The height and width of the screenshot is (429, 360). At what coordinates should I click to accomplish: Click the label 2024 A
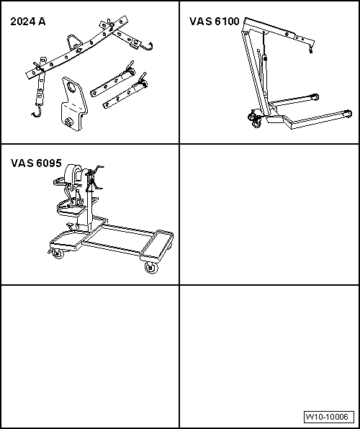[x=28, y=22]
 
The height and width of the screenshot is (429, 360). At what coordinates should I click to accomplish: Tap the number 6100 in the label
[x=227, y=22]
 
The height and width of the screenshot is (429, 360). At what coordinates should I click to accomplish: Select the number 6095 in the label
[x=49, y=163]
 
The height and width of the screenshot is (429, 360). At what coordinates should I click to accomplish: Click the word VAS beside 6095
[x=22, y=163]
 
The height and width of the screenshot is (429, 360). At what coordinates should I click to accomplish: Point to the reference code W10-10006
[x=329, y=417]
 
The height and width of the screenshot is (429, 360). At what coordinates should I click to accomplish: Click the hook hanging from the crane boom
[x=310, y=50]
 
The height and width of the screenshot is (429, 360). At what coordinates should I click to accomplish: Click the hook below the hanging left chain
[x=37, y=113]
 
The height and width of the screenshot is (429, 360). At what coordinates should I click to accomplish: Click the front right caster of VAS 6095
[x=151, y=268]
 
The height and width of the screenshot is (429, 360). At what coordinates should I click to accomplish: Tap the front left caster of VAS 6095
[x=57, y=253]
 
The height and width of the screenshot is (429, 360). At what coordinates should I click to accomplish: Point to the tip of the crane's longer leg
[x=348, y=113]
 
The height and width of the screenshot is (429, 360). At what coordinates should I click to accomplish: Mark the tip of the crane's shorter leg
[x=315, y=97]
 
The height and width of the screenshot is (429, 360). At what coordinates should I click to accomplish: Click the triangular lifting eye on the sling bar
[x=74, y=42]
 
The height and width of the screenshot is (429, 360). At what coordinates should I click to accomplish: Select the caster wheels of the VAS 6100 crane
[x=255, y=119]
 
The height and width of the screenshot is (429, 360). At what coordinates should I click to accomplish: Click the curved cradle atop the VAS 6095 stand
[x=73, y=173]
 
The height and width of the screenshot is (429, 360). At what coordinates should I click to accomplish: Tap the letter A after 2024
[x=42, y=22]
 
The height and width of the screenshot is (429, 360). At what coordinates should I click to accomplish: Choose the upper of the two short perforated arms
[x=113, y=80]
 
